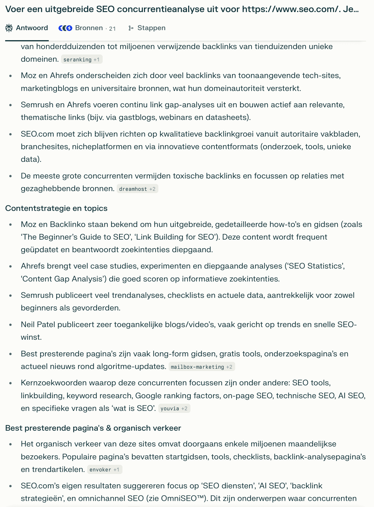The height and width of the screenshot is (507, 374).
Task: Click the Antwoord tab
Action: pos(32,28)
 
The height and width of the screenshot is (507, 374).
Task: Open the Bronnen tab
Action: pos(89,28)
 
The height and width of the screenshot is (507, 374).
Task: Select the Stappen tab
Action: pos(151,28)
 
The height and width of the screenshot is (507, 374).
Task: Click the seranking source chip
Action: pos(81,60)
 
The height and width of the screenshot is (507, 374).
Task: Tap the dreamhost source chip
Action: pos(137,189)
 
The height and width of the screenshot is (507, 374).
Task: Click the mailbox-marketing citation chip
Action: pos(201,367)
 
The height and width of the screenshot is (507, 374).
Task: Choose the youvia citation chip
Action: pos(174,409)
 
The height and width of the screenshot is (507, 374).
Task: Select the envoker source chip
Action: pos(104,470)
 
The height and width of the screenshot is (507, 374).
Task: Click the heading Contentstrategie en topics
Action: pos(56,208)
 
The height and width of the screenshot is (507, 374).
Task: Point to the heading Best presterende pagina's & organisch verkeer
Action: pos(93,428)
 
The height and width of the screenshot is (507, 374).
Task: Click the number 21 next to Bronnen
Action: pos(112,28)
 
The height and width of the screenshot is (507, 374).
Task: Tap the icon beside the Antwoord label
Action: pos(9,28)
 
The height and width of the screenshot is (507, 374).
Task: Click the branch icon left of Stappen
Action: pos(131,28)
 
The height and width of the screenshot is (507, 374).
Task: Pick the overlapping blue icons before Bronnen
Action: pos(65,28)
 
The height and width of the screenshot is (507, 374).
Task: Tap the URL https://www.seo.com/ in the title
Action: pos(289,9)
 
